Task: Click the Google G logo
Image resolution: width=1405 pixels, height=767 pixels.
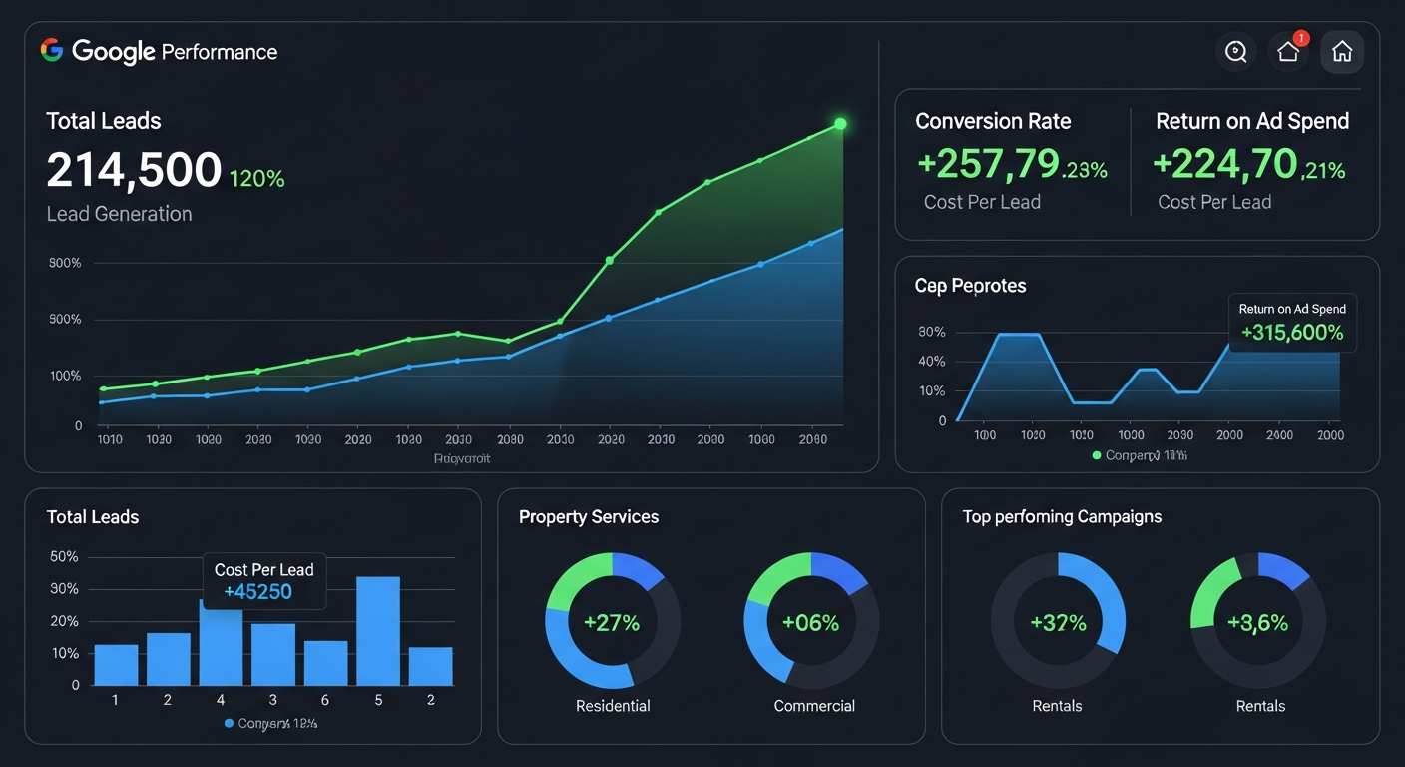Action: click(52, 51)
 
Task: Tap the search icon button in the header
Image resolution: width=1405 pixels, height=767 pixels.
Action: click(1235, 52)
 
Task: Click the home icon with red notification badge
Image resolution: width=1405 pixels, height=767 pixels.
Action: click(1288, 52)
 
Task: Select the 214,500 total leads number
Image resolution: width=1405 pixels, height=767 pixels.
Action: click(134, 170)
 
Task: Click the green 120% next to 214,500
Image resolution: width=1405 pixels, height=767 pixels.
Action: click(257, 179)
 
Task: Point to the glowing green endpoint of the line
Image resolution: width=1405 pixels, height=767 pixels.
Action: click(840, 124)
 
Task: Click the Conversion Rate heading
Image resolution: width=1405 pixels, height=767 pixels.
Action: click(993, 121)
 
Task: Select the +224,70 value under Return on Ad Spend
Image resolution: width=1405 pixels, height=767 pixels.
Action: click(1224, 163)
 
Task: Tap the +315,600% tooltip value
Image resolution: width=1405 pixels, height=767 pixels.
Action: click(1292, 333)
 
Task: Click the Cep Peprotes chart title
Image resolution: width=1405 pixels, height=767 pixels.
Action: click(970, 286)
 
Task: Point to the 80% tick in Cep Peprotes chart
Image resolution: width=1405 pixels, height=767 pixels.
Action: click(931, 332)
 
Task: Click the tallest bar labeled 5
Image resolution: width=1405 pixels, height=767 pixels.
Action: click(378, 630)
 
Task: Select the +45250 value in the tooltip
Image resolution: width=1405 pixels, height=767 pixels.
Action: click(257, 592)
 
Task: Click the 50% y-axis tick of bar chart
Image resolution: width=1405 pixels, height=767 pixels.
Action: click(64, 556)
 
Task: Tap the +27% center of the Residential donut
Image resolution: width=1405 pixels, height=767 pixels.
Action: click(612, 623)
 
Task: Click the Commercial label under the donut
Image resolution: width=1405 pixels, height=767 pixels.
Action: click(814, 706)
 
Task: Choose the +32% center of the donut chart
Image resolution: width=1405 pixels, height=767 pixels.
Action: click(1058, 623)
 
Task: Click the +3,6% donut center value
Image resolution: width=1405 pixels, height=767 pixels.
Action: click(1258, 623)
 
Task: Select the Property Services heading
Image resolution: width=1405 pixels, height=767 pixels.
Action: click(589, 517)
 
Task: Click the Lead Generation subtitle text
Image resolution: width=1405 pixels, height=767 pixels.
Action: click(119, 214)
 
